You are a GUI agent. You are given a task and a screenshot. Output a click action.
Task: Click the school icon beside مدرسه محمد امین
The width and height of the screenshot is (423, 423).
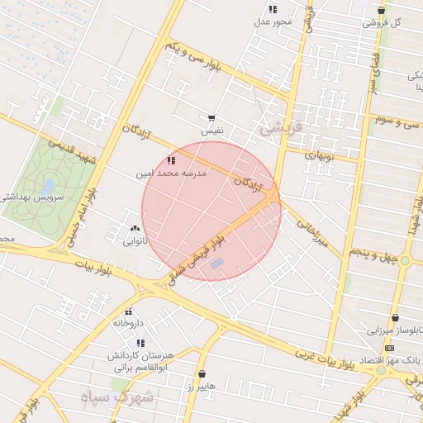click(171, 160)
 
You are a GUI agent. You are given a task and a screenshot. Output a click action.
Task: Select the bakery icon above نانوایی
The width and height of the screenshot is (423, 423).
click(135, 228)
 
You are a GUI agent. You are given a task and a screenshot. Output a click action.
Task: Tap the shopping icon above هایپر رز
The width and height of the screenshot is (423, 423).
click(202, 374)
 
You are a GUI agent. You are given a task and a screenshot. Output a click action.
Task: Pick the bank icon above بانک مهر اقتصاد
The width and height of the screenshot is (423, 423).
click(390, 347)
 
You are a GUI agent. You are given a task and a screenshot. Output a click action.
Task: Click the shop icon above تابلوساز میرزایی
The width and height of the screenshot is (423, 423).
click(396, 318)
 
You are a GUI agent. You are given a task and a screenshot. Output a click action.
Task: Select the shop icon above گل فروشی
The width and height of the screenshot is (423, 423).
click(381, 11)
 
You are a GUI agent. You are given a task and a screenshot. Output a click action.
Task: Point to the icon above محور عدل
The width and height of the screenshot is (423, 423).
click(273, 9)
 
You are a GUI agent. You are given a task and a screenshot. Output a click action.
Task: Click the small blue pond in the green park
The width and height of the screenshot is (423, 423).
click(49, 185)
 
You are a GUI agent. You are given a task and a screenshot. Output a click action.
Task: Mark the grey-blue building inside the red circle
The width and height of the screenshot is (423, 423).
click(216, 264)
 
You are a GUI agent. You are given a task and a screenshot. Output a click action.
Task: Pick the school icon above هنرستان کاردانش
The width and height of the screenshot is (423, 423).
click(140, 343)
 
